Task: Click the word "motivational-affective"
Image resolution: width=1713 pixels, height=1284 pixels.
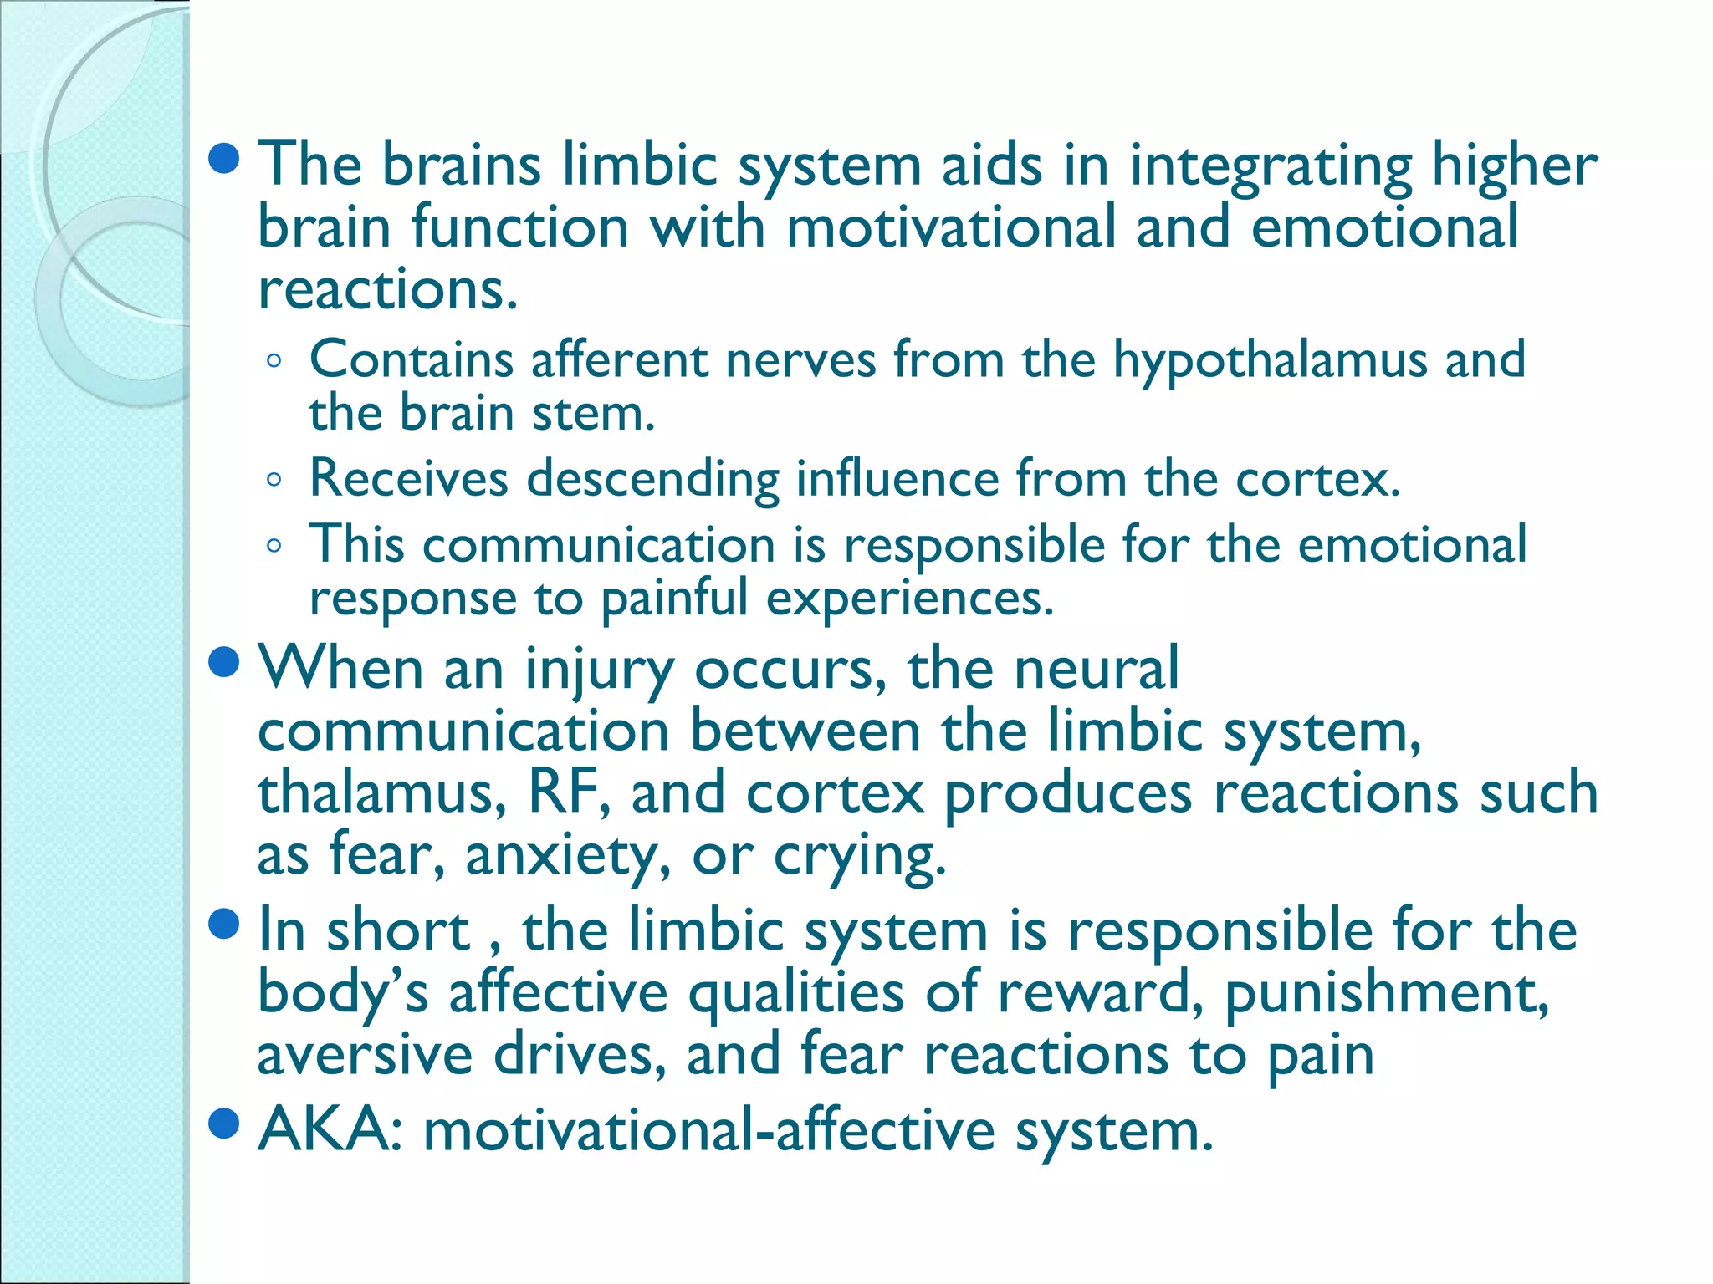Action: coord(709,1130)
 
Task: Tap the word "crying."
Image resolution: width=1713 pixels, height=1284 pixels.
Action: coord(860,855)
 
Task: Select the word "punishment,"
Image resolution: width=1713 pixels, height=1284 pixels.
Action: coord(1387,993)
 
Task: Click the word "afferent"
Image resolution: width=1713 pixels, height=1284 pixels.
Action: coord(619,360)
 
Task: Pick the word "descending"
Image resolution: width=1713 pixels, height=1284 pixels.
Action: coord(652,479)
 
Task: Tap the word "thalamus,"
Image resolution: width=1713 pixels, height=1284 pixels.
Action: coord(381,792)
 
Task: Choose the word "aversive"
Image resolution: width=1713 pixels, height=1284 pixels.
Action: coord(365,1055)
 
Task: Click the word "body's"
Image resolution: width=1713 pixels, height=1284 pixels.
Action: coord(343,993)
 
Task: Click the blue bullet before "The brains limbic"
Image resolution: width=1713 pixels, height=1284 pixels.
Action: coord(224,159)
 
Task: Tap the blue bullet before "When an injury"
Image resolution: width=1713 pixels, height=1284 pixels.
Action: coord(224,663)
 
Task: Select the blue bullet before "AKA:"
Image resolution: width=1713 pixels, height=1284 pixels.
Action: coord(224,1124)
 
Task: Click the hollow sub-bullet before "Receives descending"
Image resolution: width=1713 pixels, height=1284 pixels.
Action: coord(274,480)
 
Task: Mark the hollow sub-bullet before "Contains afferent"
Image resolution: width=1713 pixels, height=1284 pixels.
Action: coord(274,362)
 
